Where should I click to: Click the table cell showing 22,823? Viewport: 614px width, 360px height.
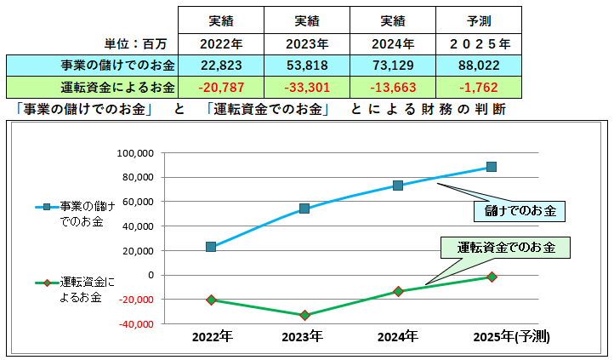(221, 65)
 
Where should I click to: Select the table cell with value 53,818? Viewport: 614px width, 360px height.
(306, 65)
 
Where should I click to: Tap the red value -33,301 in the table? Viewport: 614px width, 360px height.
(306, 87)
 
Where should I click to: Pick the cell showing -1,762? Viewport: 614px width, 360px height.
(476, 87)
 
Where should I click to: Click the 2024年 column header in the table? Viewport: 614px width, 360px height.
(391, 43)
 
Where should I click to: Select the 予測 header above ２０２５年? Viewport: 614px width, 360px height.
(476, 20)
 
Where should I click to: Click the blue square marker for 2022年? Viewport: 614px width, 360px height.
(211, 247)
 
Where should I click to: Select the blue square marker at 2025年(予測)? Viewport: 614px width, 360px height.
(492, 167)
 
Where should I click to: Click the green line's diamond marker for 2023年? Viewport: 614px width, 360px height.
(304, 316)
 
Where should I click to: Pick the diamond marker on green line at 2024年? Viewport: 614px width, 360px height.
(398, 291)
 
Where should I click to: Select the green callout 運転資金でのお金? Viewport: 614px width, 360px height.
(505, 248)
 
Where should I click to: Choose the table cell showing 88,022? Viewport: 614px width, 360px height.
(476, 65)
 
